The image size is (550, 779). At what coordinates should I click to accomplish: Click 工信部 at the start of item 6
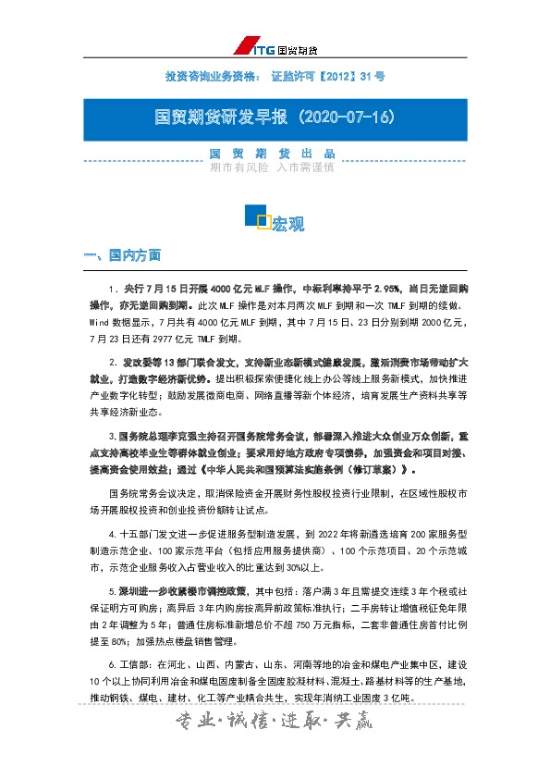[x=132, y=665]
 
